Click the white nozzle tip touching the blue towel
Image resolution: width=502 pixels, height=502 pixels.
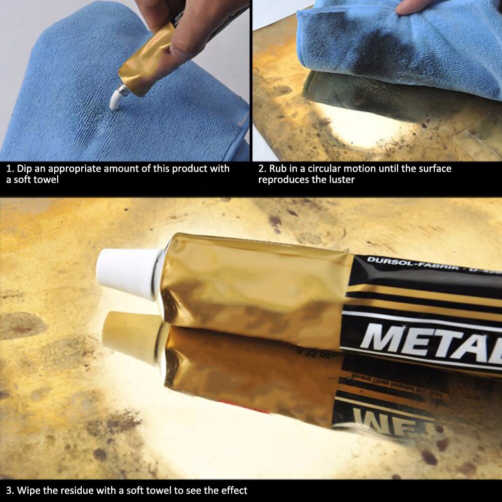tap(115, 99)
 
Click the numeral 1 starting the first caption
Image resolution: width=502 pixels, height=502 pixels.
tap(9, 169)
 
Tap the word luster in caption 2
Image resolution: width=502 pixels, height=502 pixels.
tap(341, 180)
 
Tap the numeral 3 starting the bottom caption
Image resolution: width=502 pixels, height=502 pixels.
tap(9, 490)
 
